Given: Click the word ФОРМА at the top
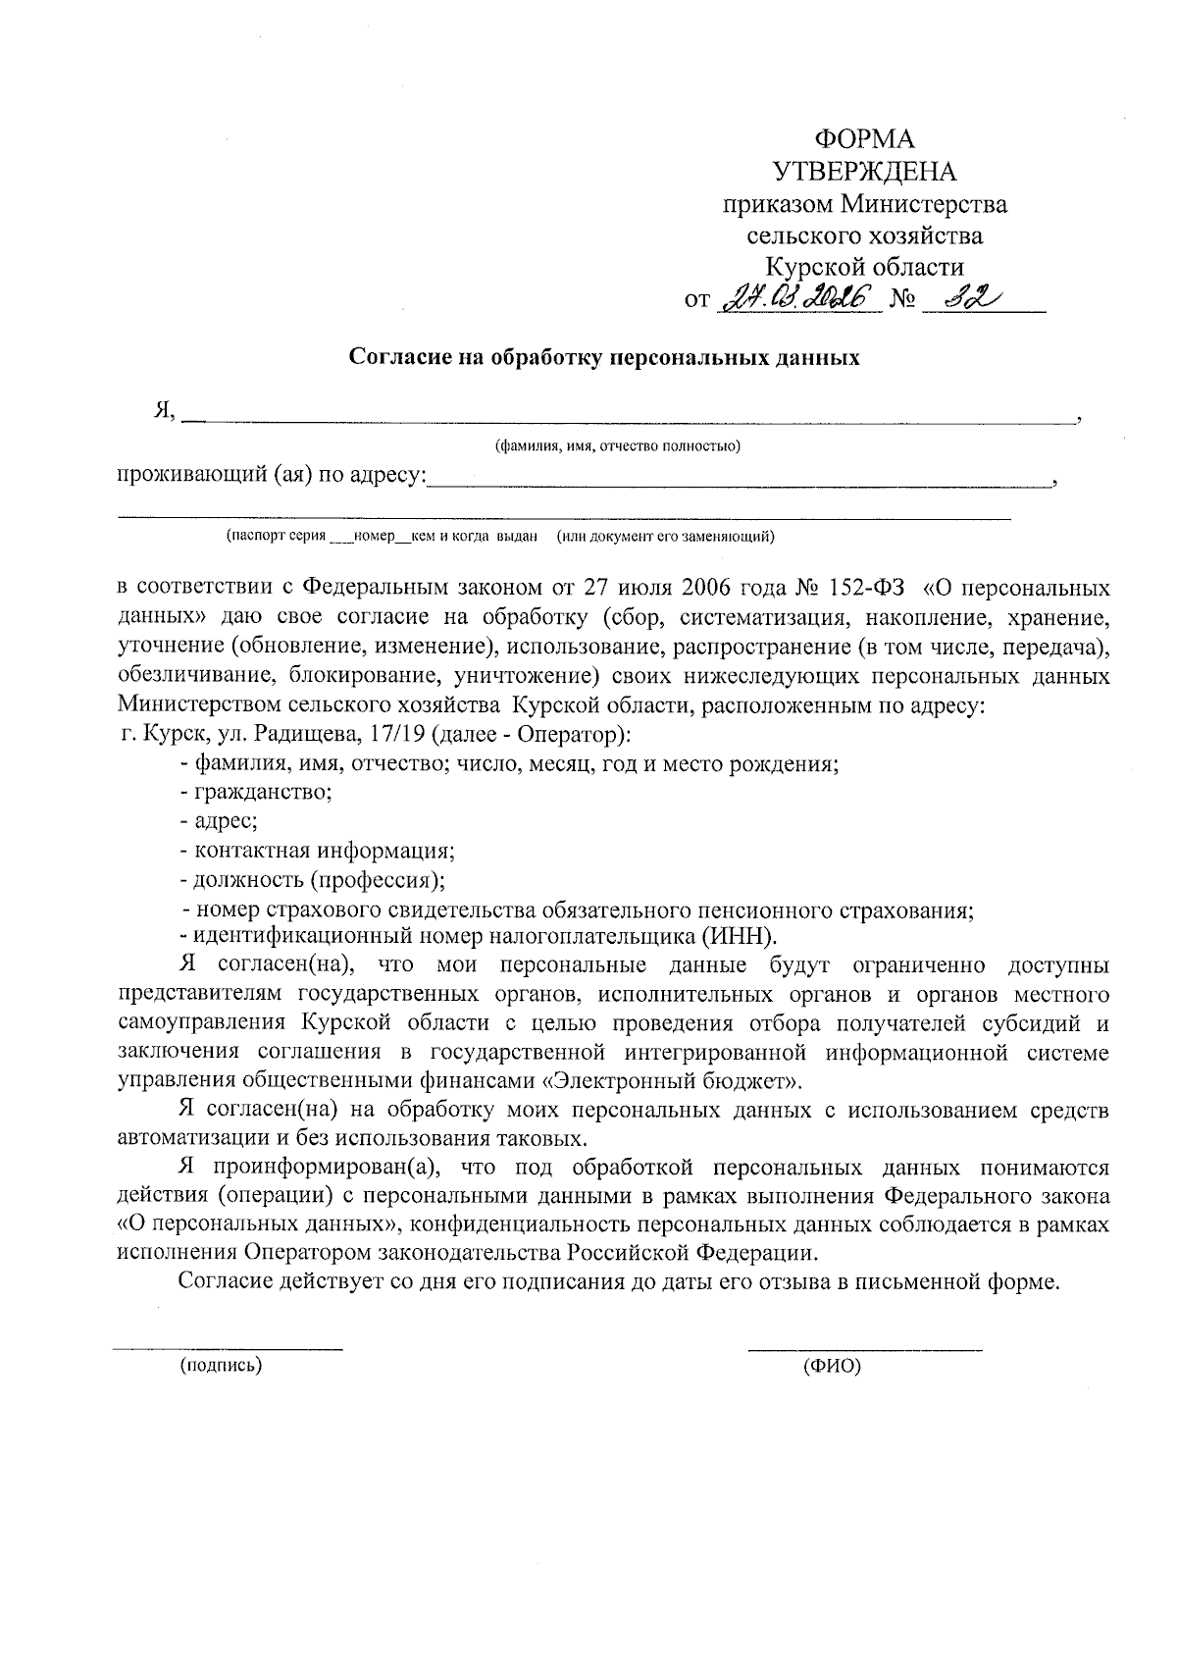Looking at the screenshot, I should click(865, 138).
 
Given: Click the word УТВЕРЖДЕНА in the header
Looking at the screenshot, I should click(865, 172).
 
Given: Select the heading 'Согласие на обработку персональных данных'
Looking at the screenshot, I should click(605, 357).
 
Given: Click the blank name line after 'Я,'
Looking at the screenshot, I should click(628, 418).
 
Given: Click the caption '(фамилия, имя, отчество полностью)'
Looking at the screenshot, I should click(617, 447).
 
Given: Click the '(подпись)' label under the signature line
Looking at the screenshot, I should click(221, 1365).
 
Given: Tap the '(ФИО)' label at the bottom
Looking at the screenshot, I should click(831, 1366).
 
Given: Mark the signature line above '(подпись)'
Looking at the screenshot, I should click(228, 1349).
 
